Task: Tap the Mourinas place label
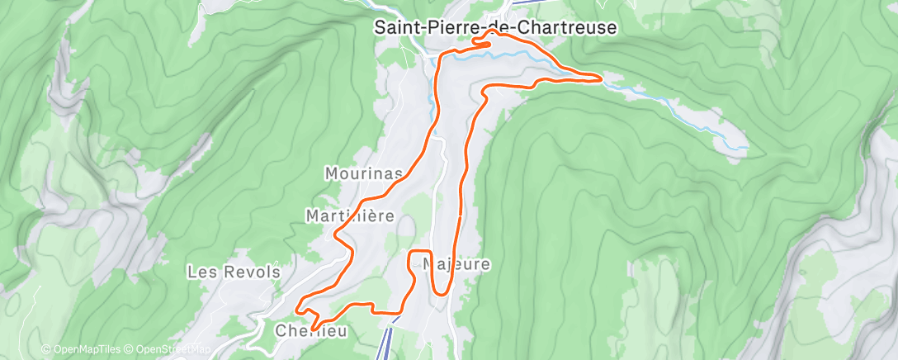364,174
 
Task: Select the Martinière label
350,216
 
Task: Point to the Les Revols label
234,272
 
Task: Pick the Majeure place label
456,265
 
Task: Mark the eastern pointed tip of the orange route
601,79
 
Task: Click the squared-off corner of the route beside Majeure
429,251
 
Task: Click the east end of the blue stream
747,148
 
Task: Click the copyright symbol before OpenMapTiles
46,350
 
